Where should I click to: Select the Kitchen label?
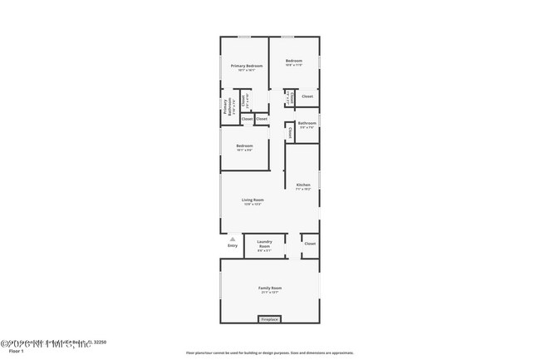pos(303,185)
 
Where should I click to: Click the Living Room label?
pos(253,200)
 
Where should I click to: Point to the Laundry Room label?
pos(264,243)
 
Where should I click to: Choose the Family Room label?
pos(270,288)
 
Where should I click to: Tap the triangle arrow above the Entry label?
pos(233,238)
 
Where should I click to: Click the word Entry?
pos(233,245)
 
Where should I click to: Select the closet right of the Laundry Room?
pos(309,244)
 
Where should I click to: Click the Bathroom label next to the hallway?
pos(307,123)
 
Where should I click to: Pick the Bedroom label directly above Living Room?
pos(244,145)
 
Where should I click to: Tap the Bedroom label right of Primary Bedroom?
pos(294,61)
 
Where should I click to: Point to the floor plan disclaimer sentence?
pos(270,353)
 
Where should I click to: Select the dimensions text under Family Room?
pos(270,293)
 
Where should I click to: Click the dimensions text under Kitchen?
pos(303,190)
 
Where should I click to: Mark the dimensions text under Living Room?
pos(253,205)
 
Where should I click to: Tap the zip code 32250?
pos(98,343)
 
